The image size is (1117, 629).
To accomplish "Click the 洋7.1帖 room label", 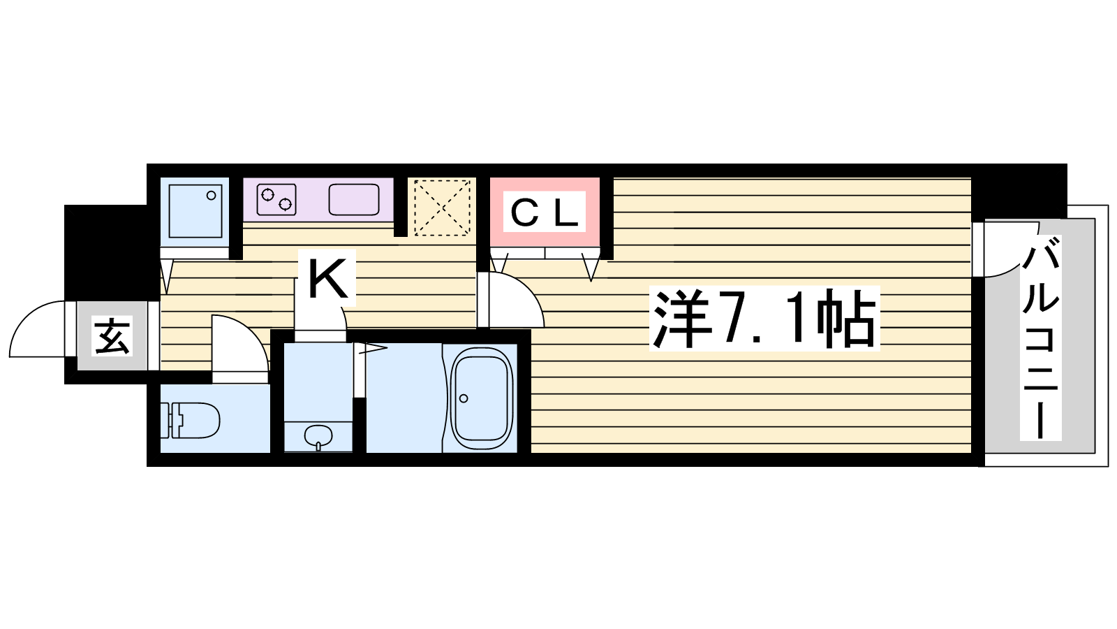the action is (764, 319).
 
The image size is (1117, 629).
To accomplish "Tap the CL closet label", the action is (544, 212).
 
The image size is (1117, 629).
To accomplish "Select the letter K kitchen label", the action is (327, 278).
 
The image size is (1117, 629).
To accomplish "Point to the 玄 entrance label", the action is (112, 335).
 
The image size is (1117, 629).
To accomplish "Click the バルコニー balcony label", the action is (1040, 338).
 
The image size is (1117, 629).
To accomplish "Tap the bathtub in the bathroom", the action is (481, 398).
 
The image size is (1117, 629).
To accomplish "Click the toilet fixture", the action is (191, 421).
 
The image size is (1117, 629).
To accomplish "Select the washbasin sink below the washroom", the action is (318, 436).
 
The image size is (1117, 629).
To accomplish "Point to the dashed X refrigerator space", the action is (442, 207).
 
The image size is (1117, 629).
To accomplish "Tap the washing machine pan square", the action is (195, 211).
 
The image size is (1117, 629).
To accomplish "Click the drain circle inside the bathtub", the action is (464, 398).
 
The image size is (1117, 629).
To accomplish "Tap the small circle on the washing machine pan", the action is (212, 195).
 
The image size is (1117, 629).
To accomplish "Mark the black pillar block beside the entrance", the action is (105, 252).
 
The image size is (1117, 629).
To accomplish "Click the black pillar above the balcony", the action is (1019, 191).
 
